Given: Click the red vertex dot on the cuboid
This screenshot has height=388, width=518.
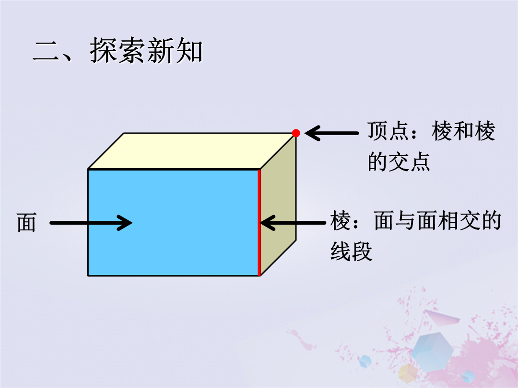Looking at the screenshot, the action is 296,133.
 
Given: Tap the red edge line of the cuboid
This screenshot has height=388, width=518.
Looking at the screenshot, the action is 259,223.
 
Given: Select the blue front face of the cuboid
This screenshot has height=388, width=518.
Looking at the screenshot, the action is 173,223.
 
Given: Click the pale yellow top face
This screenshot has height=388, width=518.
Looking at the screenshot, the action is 191,151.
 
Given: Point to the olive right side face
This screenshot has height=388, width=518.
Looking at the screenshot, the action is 278,205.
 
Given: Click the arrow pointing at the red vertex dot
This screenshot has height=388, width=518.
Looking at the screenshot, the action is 331,133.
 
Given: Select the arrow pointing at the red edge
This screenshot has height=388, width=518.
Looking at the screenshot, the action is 293,223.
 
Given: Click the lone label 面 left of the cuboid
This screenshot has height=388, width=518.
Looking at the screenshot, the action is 26,223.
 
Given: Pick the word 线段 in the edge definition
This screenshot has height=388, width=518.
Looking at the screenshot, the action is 351,252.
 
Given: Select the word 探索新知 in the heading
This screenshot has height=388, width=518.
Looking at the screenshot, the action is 146,50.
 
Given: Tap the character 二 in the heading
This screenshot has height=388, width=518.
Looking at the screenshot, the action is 47,51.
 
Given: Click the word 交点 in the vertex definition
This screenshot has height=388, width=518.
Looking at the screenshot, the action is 409,162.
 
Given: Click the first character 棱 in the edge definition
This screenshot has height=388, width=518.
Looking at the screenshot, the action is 340,221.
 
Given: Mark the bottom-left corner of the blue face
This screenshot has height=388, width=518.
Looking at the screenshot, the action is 88,276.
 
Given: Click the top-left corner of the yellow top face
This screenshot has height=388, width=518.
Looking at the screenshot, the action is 124,133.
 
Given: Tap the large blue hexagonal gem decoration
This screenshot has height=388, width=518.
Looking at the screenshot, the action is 432,350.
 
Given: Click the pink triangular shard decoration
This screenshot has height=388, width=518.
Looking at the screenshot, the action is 443,318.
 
